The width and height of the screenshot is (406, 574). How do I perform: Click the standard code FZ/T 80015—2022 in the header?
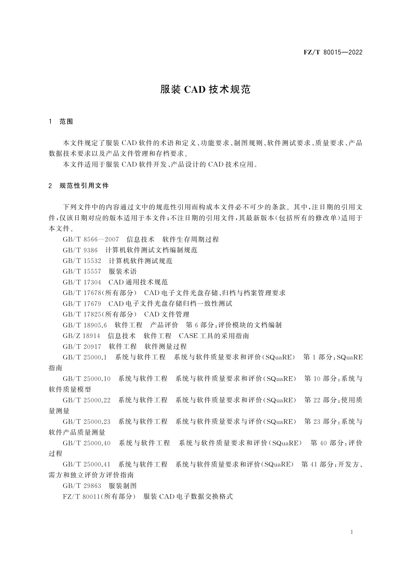tap(333, 52)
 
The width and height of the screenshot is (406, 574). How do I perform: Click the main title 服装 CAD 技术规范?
tap(206, 89)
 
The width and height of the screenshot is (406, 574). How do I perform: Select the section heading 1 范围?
tap(61, 122)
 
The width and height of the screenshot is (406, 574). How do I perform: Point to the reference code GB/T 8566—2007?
tap(91, 239)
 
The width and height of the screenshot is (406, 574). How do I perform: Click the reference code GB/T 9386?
tap(80, 250)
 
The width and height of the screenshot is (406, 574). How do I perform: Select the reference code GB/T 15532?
tap(82, 261)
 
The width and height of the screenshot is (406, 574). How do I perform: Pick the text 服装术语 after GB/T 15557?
tap(123, 272)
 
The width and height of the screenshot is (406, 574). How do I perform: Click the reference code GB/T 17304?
tap(82, 282)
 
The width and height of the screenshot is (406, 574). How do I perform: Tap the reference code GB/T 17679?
tap(82, 303)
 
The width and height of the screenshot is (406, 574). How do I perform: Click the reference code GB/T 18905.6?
tap(85, 325)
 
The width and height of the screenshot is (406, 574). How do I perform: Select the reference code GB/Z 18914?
tap(81, 336)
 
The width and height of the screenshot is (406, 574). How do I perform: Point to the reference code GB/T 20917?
tap(82, 347)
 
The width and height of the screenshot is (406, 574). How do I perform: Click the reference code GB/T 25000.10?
tap(87, 379)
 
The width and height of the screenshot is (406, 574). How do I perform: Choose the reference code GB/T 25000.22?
tap(87, 400)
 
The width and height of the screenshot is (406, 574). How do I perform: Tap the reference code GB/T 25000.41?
tap(87, 464)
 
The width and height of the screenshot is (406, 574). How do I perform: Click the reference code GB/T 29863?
tap(82, 486)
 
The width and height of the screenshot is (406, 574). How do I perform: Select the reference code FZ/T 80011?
tap(81, 496)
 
